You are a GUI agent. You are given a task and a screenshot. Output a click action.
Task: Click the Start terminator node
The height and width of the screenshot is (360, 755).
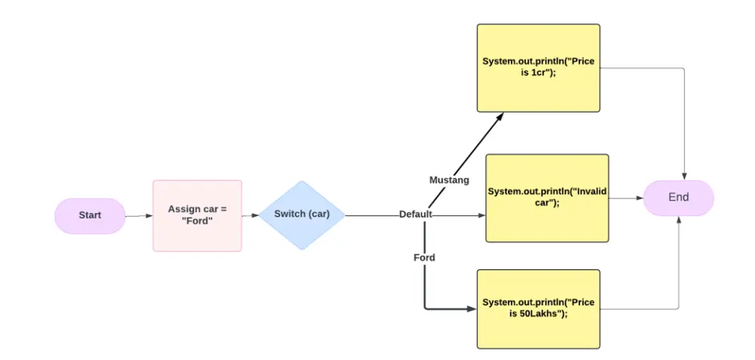pos(90,215)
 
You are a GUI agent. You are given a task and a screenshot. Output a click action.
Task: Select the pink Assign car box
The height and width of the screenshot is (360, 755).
pos(197,215)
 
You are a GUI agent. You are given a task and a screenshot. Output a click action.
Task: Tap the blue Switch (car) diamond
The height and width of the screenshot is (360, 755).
pos(302,215)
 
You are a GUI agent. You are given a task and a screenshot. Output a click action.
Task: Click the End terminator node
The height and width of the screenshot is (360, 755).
pos(678,198)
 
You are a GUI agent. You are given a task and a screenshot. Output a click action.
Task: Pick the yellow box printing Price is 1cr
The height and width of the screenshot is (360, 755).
pos(538,68)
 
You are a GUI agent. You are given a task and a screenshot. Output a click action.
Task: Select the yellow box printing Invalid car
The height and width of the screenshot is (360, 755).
pos(547,198)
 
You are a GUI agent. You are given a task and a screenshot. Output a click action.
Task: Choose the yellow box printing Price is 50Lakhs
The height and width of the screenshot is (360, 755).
pos(538,309)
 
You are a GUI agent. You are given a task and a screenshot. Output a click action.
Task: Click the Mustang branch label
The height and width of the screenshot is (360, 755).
pos(449,180)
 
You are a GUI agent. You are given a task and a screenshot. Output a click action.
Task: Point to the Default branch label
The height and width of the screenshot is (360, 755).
pos(416,215)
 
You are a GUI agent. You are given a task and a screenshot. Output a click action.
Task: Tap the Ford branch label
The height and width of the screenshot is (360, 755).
pos(424,258)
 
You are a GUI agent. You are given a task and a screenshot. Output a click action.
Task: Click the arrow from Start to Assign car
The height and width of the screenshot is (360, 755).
pos(139,216)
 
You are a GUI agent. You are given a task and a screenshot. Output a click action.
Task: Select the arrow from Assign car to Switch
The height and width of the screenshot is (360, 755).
pos(251,215)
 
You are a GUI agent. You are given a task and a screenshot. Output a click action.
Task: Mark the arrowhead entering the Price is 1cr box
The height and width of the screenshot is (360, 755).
pos(501,116)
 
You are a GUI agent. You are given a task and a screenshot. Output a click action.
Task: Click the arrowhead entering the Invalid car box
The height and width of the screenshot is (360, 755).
pos(482,215)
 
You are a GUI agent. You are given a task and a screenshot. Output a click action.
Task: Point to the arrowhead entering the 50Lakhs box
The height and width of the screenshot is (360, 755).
pos(473,309)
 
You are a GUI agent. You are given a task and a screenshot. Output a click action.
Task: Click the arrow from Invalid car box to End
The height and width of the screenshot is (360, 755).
pos(626,198)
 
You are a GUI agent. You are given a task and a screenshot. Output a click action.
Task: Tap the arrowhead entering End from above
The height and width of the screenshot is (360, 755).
pos(684,177)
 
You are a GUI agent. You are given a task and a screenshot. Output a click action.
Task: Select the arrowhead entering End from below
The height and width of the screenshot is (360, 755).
pos(678,219)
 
